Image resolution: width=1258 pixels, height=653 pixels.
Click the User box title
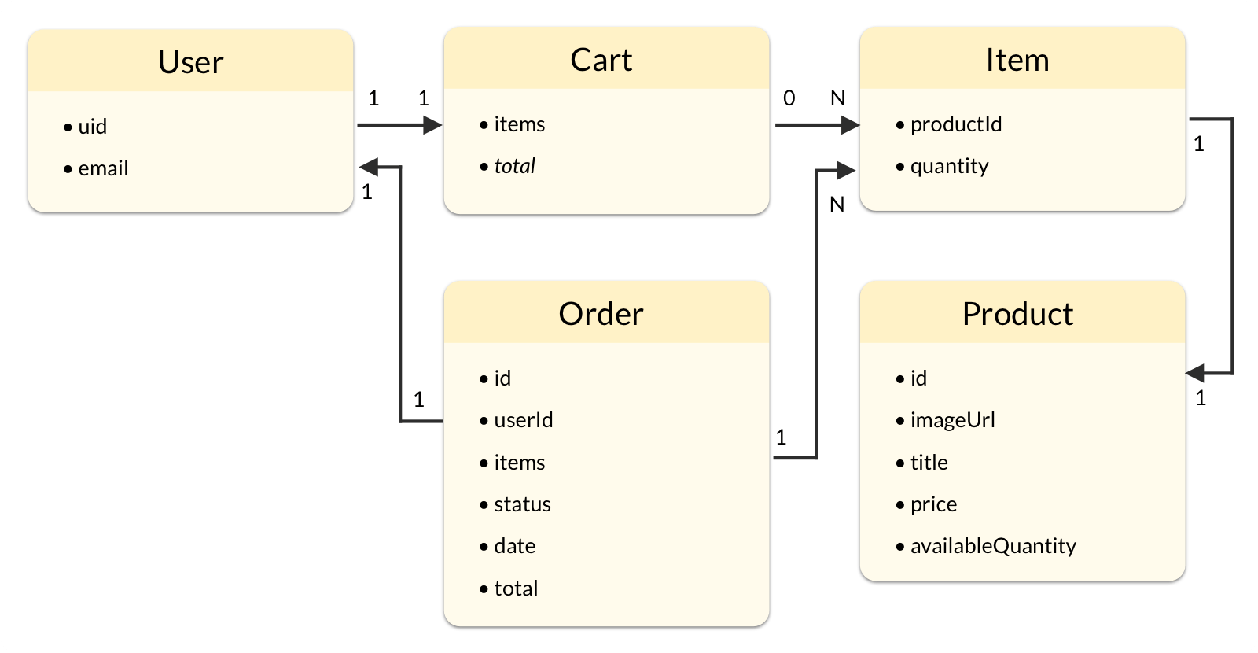(190, 62)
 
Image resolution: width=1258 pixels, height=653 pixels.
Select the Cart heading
(601, 60)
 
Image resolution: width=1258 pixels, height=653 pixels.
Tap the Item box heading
(1017, 60)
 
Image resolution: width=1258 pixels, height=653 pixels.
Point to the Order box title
(601, 314)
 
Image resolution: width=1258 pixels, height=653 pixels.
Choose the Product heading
(1017, 314)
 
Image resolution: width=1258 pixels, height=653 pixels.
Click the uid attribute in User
(92, 127)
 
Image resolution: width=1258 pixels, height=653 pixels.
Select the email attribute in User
(103, 168)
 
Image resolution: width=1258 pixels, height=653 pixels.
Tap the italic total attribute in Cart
(514, 166)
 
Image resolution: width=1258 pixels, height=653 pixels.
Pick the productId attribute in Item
(955, 124)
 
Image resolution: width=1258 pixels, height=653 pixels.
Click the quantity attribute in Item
(949, 166)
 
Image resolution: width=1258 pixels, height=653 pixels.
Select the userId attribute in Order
(523, 420)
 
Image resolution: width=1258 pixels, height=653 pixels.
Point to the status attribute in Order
(522, 504)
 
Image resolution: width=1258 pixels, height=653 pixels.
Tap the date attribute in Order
(514, 546)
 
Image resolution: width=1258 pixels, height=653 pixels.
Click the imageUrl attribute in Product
(952, 420)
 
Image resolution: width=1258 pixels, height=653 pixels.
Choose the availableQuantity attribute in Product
(992, 546)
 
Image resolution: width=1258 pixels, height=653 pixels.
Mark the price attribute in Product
(933, 504)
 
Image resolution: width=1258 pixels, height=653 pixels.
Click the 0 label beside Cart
(789, 98)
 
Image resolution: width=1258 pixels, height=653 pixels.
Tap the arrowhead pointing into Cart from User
(432, 124)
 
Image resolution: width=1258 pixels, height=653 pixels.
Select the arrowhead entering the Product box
(1196, 373)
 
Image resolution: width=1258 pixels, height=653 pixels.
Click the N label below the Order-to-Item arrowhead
(837, 205)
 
